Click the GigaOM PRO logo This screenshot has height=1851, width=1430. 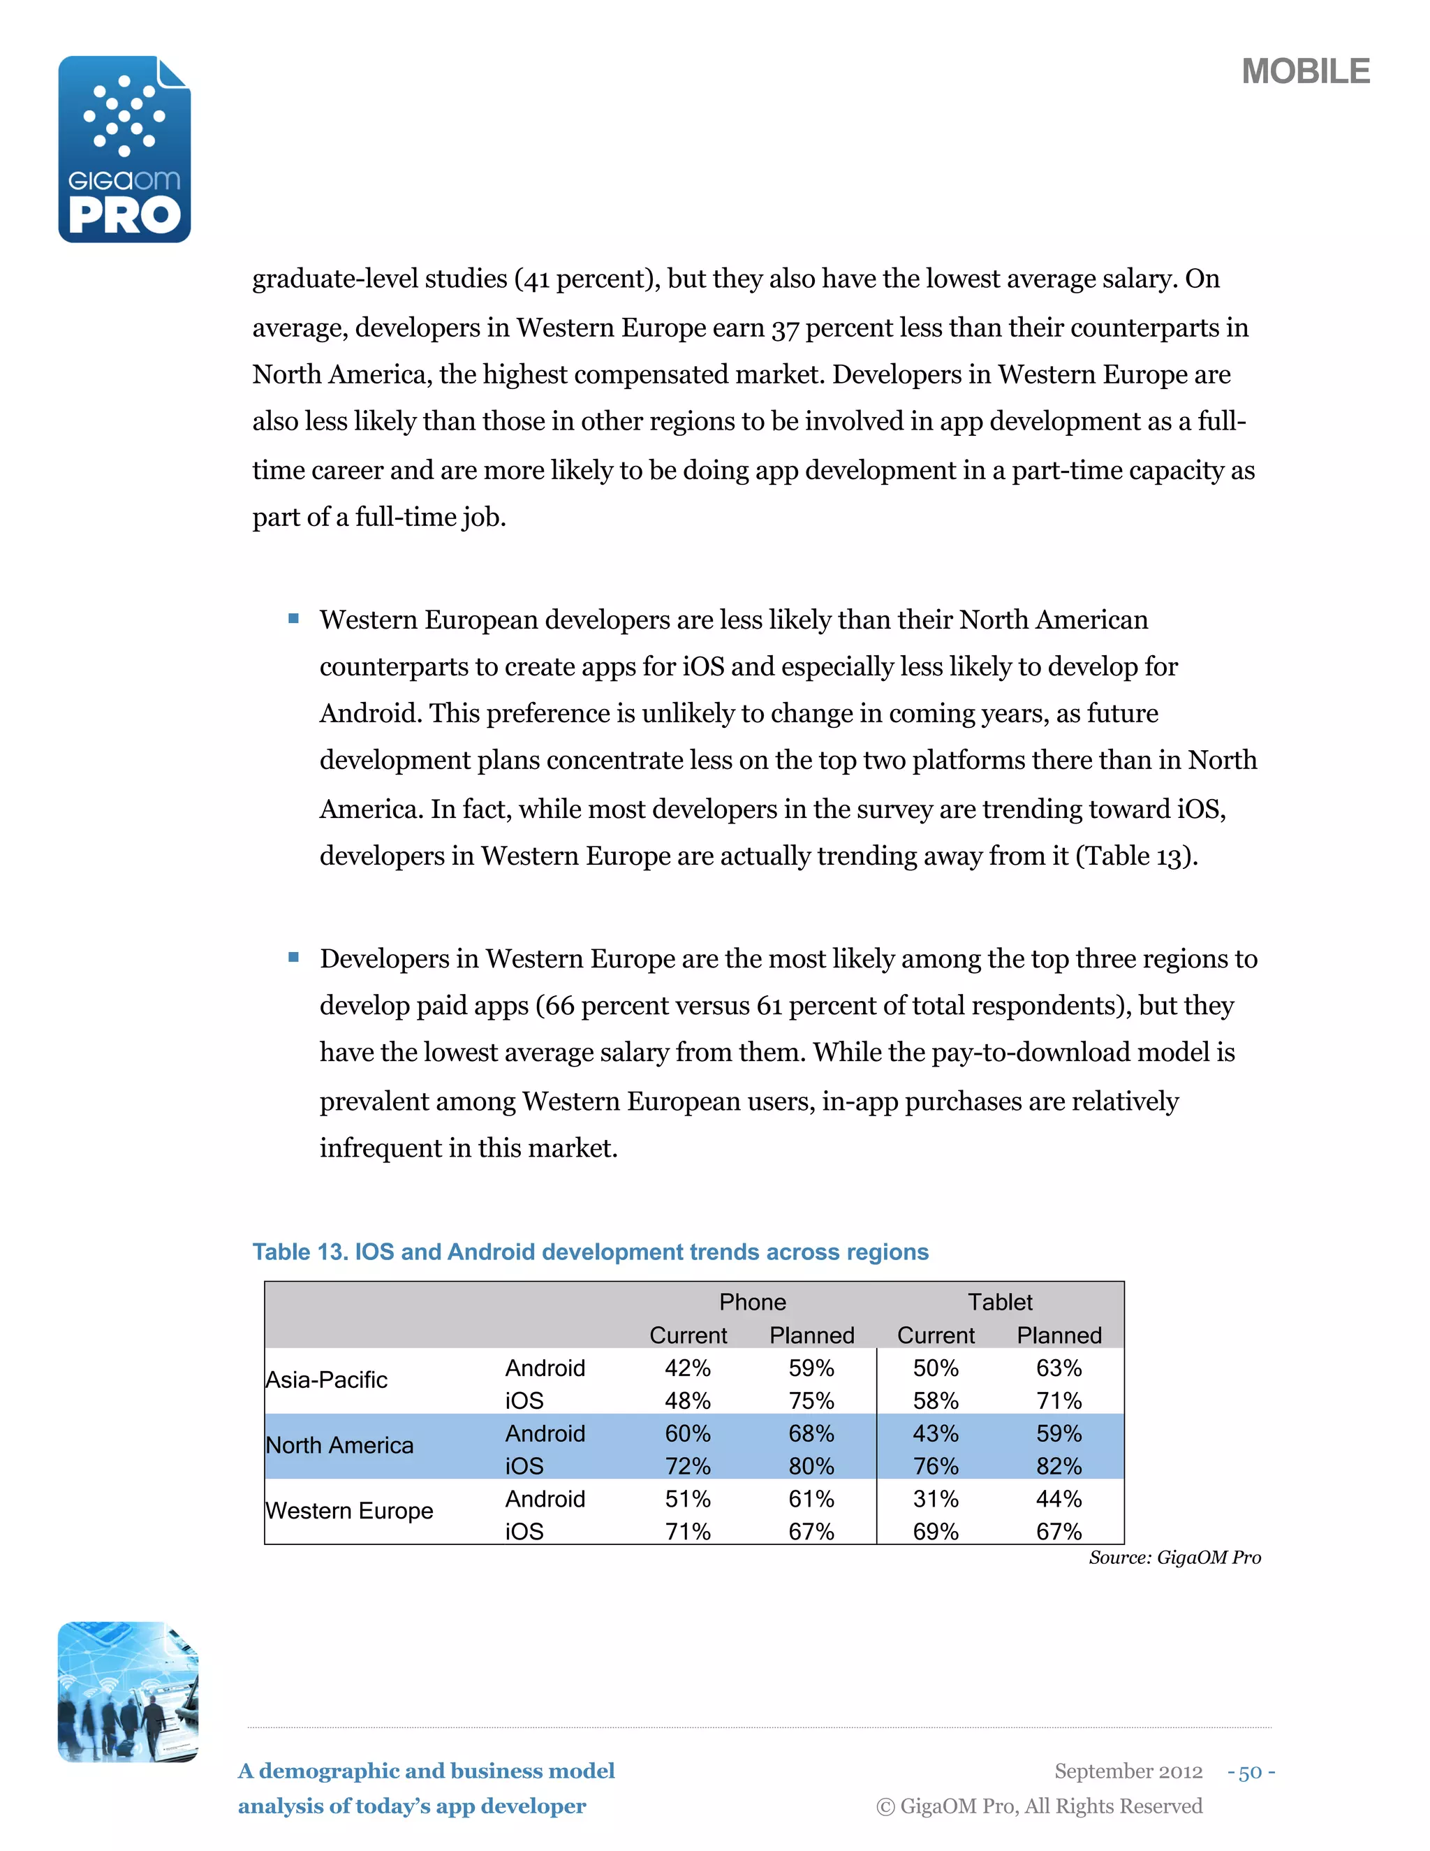tap(124, 150)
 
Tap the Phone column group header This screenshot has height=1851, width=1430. tap(751, 1302)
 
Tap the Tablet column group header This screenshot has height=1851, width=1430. tap(1000, 1302)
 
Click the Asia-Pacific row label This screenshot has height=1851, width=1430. tap(326, 1380)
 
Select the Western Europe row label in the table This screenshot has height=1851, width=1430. tap(349, 1510)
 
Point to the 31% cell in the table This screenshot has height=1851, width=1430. tap(935, 1498)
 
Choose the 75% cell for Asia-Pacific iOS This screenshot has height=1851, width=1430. tap(811, 1401)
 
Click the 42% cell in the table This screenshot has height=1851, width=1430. tap(687, 1368)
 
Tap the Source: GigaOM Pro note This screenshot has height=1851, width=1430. tap(1174, 1558)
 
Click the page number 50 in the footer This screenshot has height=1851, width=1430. tap(1251, 1772)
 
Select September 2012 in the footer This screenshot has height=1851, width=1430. tap(1128, 1771)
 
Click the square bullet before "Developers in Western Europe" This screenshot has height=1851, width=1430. tap(294, 958)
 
